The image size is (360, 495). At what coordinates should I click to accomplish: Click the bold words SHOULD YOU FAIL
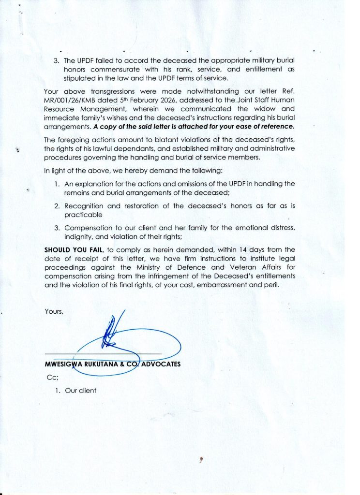(x=74, y=249)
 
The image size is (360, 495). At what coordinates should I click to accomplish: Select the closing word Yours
(x=54, y=311)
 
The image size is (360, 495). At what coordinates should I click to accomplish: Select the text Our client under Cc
(x=81, y=391)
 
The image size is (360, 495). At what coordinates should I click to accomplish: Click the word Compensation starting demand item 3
(x=88, y=227)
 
